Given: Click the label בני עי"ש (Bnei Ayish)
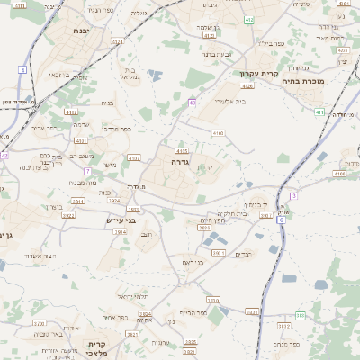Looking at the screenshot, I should pyautogui.click(x=116, y=219).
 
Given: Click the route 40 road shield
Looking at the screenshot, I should pyautogui.click(x=193, y=103).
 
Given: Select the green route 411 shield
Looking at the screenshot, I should pyautogui.click(x=320, y=112).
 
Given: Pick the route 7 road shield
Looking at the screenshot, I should pyautogui.click(x=87, y=171).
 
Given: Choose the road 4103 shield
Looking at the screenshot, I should pyautogui.click(x=183, y=151).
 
